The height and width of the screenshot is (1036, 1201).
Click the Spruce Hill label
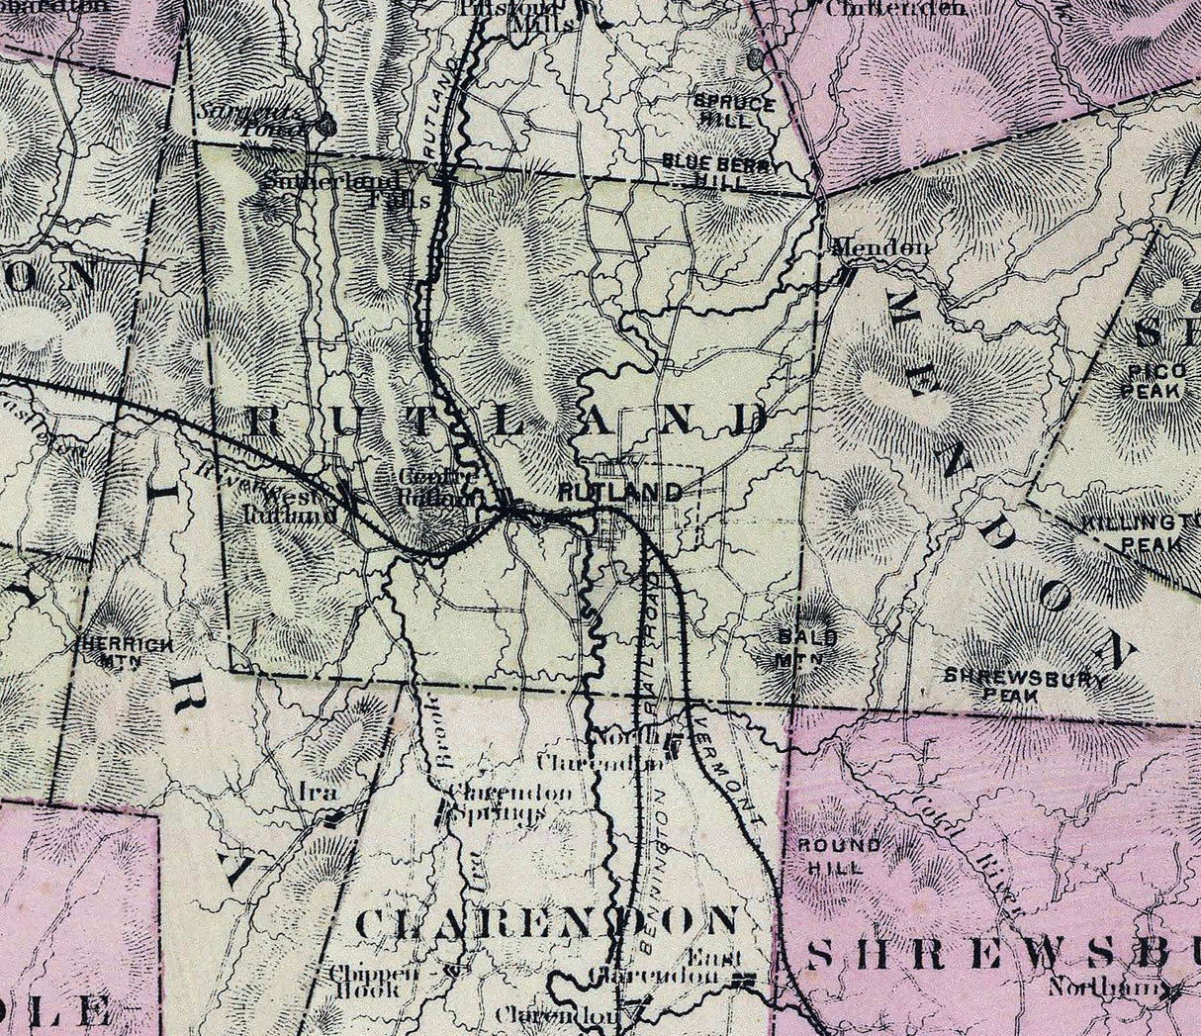pos(734,110)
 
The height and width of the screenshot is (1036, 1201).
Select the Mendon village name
pos(879,247)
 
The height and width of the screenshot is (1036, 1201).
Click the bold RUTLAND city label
pos(619,492)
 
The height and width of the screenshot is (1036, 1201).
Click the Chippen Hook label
pos(368,980)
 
